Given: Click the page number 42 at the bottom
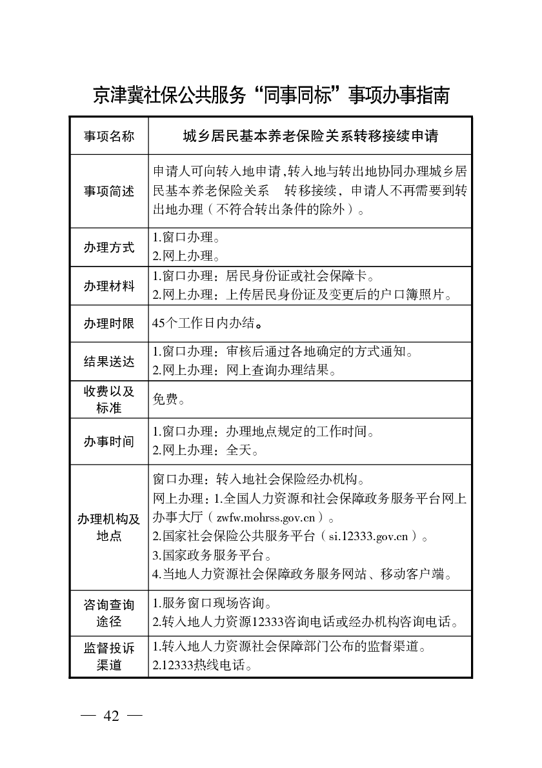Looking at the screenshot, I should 111,717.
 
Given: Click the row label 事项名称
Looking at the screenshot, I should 109,137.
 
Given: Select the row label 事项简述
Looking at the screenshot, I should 109,191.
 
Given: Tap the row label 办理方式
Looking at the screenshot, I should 109,247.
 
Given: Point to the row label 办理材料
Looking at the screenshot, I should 109,286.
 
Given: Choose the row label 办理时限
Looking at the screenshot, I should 109,324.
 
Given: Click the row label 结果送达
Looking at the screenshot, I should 109,361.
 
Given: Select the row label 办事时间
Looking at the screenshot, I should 109,441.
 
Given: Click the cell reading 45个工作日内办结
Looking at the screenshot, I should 206,324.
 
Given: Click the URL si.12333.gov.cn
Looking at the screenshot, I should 368,536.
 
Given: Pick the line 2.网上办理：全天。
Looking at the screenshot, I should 206,450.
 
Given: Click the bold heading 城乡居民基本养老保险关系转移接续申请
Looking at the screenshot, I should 310,137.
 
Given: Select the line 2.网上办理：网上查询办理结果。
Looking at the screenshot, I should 245,371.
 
